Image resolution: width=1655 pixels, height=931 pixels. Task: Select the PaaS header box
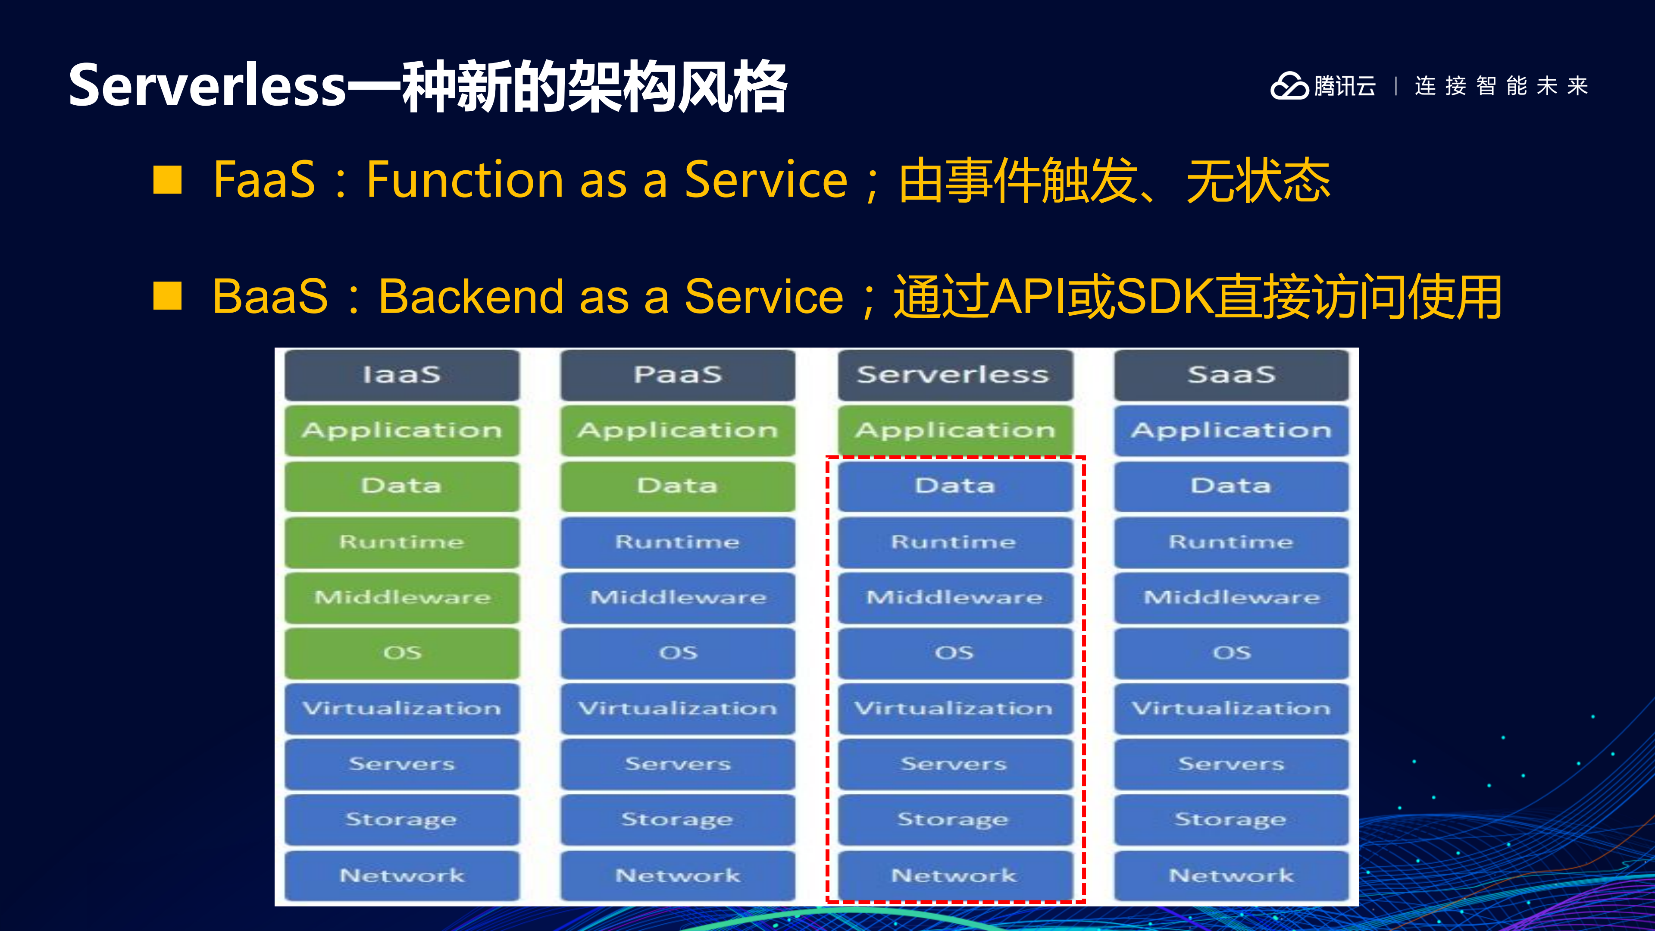coord(678,375)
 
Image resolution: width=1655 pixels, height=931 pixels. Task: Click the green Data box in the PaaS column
coord(678,486)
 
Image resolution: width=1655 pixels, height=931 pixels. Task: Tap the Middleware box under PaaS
coord(678,598)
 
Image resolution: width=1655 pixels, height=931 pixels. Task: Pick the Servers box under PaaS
coord(678,764)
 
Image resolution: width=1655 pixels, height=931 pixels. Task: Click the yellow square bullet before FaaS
coord(168,180)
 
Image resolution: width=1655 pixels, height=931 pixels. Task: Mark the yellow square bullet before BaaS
coord(168,296)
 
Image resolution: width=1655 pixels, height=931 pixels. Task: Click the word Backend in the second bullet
coord(470,297)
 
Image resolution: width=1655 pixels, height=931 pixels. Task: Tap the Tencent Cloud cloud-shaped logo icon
coord(1289,86)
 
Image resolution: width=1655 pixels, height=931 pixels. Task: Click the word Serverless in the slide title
coord(207,86)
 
